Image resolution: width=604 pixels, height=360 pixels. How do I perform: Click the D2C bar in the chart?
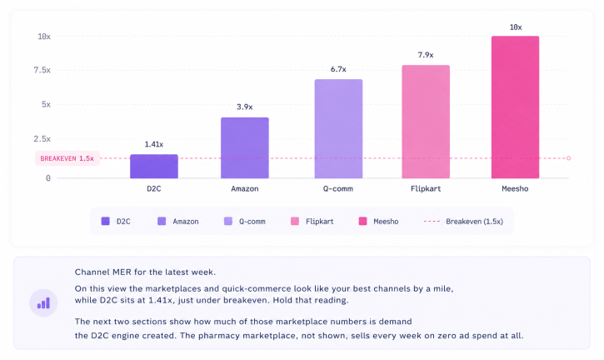point(154,166)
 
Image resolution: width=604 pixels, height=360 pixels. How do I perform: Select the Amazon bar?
point(245,148)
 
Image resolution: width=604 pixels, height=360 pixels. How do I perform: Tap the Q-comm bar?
point(338,128)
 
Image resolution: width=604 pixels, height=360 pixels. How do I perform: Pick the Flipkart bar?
point(426,122)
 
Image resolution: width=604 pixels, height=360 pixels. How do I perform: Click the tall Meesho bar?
point(516,107)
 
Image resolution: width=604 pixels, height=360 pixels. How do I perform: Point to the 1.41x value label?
point(154,144)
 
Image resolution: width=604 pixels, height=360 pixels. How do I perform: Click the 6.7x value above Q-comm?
point(338,69)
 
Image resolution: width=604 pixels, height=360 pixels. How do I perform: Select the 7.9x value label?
point(426,55)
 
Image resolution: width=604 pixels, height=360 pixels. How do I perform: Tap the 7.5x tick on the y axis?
point(42,70)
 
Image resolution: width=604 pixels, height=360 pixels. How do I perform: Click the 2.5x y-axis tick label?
point(42,139)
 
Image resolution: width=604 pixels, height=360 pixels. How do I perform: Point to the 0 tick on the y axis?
point(48,178)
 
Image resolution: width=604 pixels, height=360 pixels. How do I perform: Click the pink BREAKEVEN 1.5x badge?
point(67,158)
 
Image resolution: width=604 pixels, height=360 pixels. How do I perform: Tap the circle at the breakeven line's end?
point(568,158)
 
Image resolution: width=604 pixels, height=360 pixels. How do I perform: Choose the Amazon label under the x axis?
point(245,189)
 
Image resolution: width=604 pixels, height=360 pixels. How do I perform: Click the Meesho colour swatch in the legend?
point(363,221)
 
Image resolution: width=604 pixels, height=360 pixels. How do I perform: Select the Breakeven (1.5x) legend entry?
point(463,221)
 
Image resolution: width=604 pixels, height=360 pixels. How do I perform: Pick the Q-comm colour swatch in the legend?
point(228,221)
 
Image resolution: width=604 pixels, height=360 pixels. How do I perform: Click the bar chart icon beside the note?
point(43,303)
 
